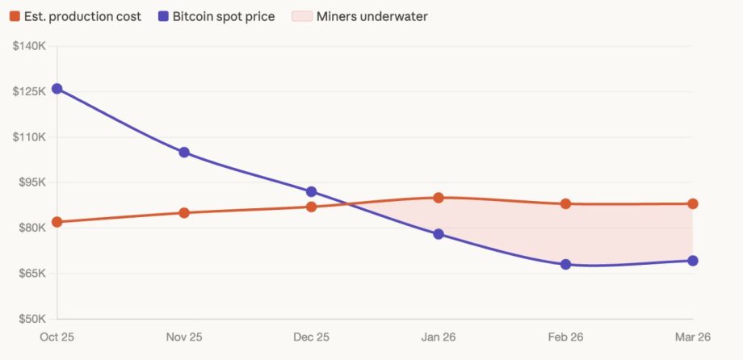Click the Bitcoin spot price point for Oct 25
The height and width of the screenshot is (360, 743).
[x=57, y=89]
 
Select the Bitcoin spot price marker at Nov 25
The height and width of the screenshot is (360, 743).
[x=184, y=153]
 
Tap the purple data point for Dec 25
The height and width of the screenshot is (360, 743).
[x=311, y=191]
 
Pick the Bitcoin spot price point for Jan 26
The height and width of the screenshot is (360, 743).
[x=439, y=234]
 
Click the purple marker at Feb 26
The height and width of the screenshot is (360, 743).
[x=565, y=264]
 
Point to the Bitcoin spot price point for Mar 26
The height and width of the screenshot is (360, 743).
[x=693, y=261]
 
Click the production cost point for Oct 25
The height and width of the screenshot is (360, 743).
[x=57, y=222]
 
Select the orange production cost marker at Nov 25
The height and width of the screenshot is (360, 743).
[x=184, y=213]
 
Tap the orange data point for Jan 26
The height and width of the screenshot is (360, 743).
[x=439, y=198]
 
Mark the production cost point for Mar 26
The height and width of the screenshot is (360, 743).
[x=693, y=204]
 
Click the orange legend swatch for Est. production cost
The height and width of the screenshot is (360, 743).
[x=15, y=17]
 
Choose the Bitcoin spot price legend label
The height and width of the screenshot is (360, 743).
[x=224, y=17]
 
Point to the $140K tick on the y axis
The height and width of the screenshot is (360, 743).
[x=29, y=46]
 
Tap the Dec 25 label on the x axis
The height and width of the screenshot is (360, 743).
[x=311, y=337]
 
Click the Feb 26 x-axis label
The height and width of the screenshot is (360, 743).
[x=565, y=337]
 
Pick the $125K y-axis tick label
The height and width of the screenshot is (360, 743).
[x=29, y=91]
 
